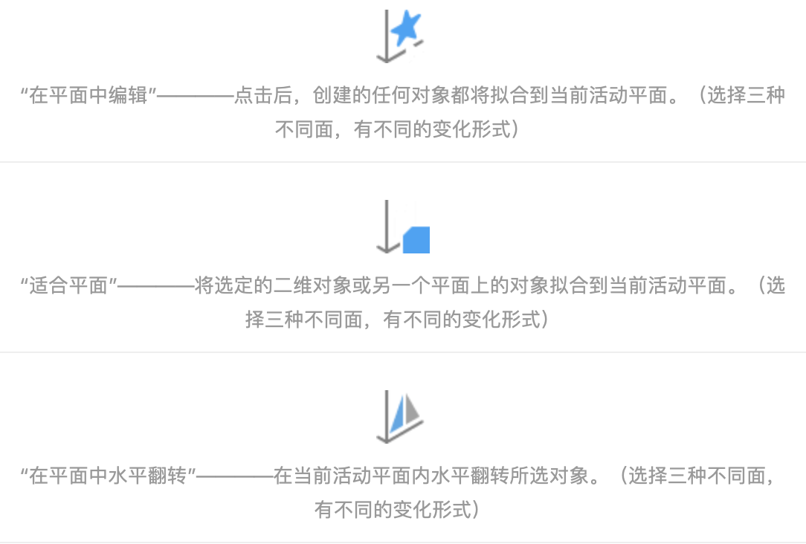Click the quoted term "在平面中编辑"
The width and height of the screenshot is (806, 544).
click(88, 97)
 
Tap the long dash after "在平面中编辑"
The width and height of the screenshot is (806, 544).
click(196, 97)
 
